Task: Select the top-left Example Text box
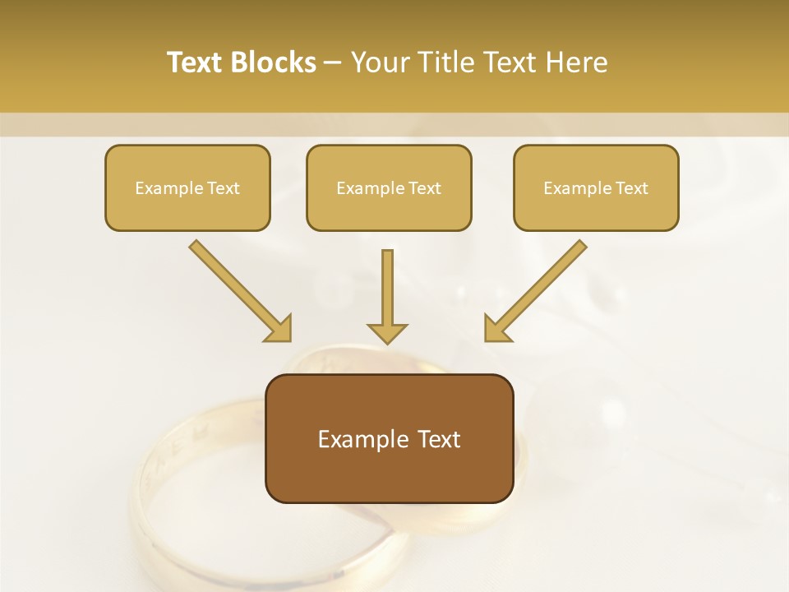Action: click(x=187, y=187)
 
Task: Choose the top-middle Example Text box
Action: click(x=389, y=187)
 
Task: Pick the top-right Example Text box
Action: click(x=596, y=187)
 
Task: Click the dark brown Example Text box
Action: click(x=389, y=438)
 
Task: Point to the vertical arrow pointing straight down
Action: click(x=387, y=292)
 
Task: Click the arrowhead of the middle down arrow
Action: click(x=387, y=332)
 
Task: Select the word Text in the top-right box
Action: click(x=632, y=188)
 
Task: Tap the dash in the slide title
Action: click(x=333, y=63)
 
